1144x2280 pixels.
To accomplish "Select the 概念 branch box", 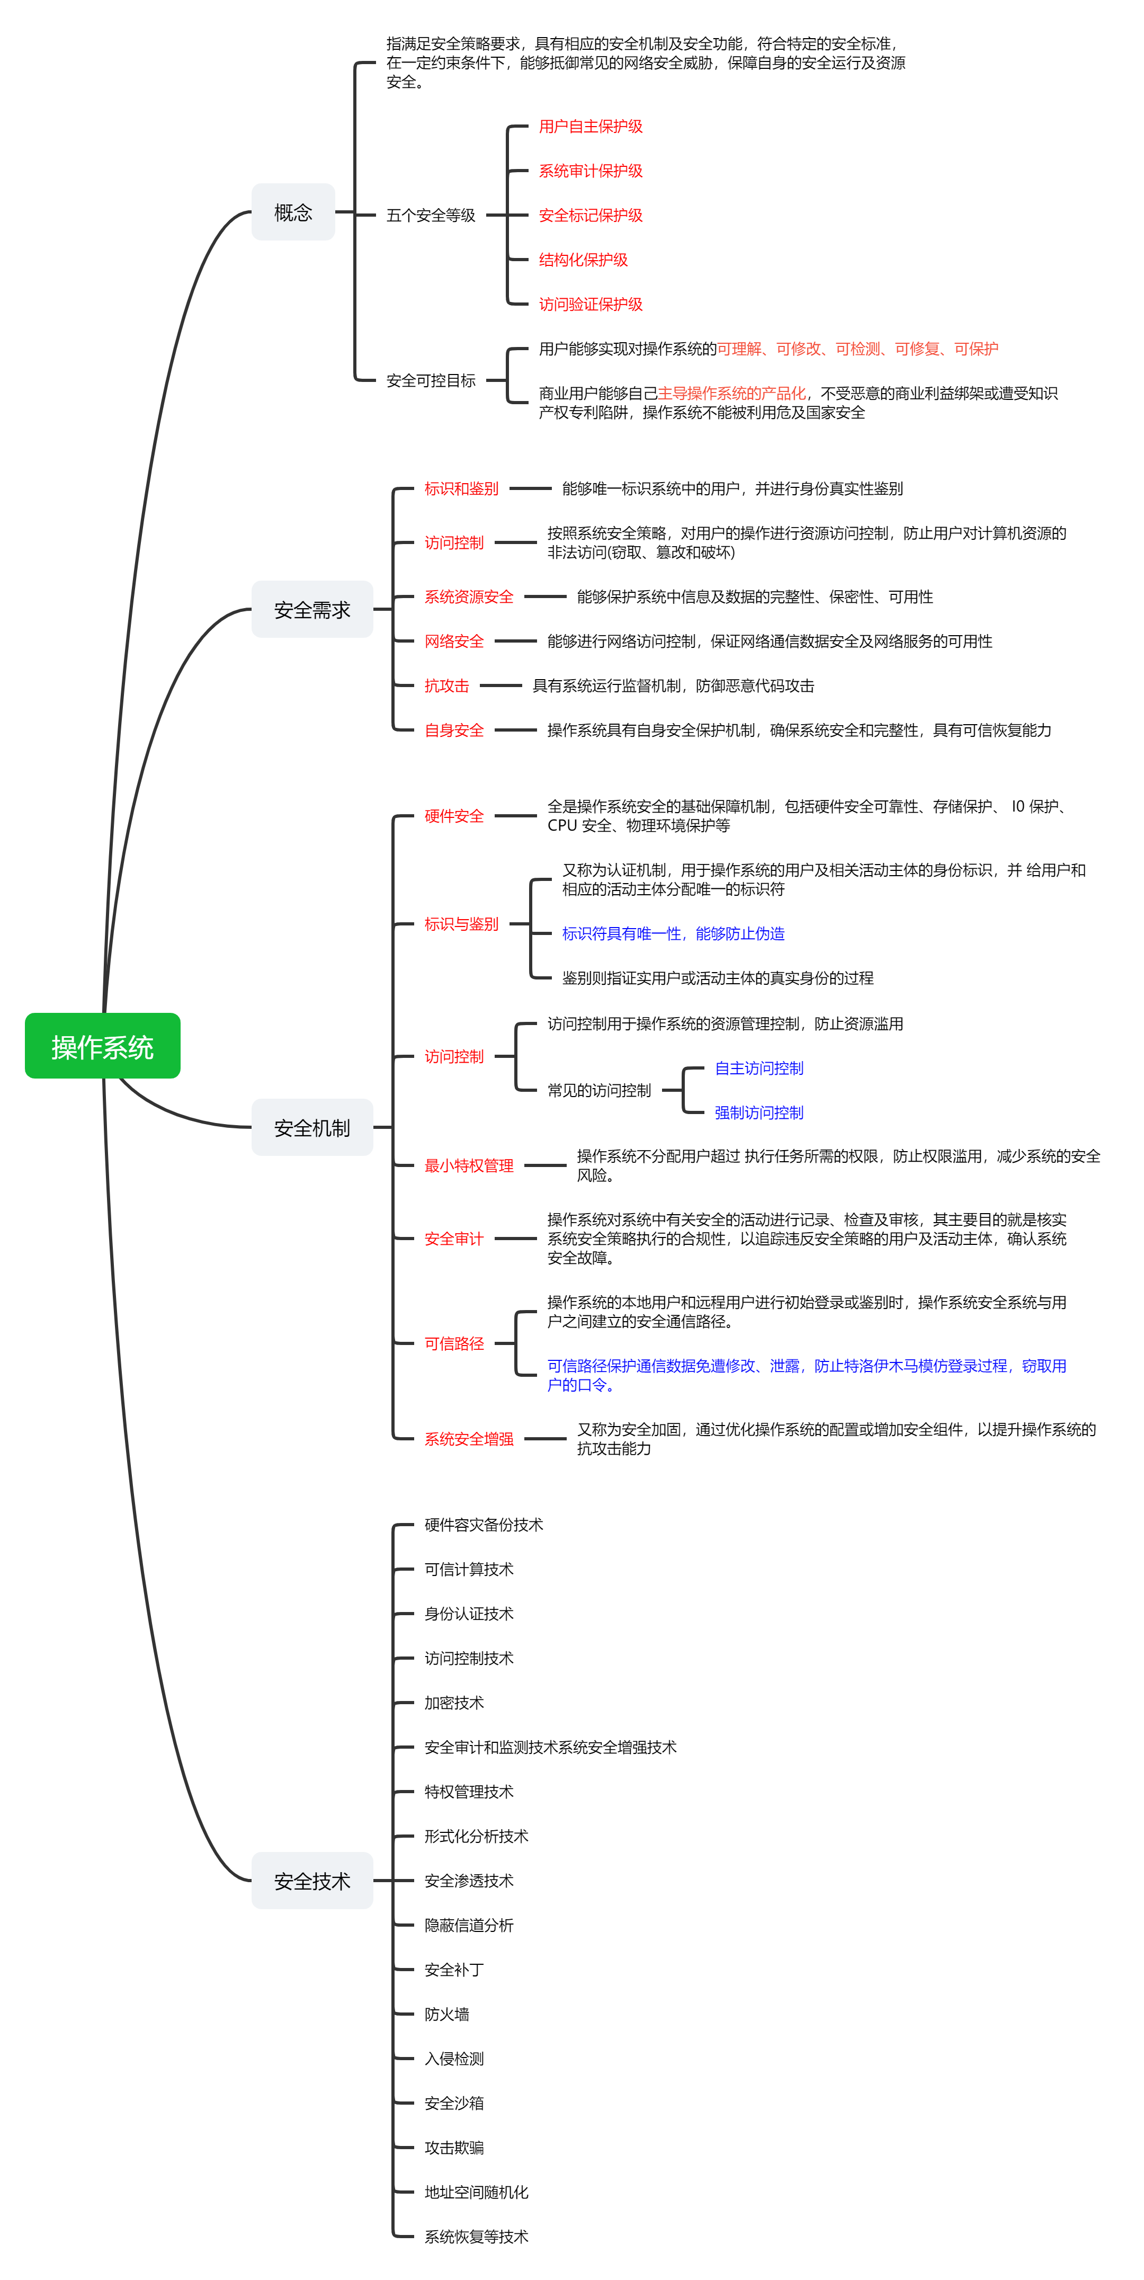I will point(293,212).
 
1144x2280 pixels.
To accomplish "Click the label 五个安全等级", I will point(431,215).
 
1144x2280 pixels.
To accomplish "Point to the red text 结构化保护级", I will point(583,260).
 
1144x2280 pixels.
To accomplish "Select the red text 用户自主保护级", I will point(590,127).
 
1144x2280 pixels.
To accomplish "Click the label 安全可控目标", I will point(431,380).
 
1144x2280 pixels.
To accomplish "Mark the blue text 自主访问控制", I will point(758,1068).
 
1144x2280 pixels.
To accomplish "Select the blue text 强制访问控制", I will point(758,1112).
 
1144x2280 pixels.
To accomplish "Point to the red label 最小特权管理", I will point(468,1165).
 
